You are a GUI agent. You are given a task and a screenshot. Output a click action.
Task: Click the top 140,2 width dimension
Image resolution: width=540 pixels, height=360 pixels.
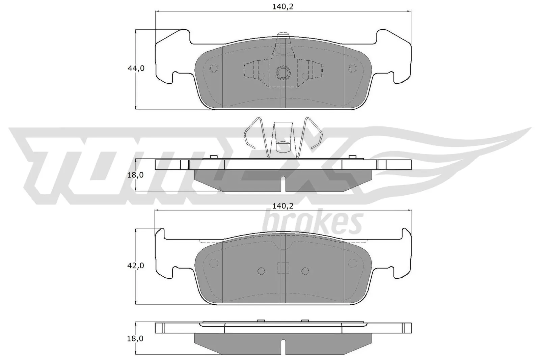(x=283, y=7)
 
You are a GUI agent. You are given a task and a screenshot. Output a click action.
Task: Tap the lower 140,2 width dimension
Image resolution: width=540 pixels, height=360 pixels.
(x=283, y=205)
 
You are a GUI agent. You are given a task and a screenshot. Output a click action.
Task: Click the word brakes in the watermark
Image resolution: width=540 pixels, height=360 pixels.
(x=312, y=223)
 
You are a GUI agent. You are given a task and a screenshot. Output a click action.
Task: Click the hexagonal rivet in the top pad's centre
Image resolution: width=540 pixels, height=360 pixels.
(x=283, y=72)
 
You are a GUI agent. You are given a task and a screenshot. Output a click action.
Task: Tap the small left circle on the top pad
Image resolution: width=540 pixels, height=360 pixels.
(x=214, y=68)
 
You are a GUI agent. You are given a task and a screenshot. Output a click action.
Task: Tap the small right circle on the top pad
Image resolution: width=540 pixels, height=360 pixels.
(x=352, y=68)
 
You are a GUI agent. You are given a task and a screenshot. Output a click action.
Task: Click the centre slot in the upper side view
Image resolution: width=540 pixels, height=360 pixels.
(x=283, y=184)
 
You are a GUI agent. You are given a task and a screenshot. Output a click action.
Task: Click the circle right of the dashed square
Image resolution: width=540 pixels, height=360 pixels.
(x=305, y=271)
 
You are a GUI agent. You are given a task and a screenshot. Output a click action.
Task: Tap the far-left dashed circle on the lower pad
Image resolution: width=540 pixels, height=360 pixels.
(x=214, y=263)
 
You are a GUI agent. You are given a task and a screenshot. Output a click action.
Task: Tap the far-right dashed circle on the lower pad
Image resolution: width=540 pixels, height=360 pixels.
(x=352, y=263)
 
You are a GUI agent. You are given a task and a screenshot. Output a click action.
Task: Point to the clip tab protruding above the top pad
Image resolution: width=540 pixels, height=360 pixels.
(x=283, y=35)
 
